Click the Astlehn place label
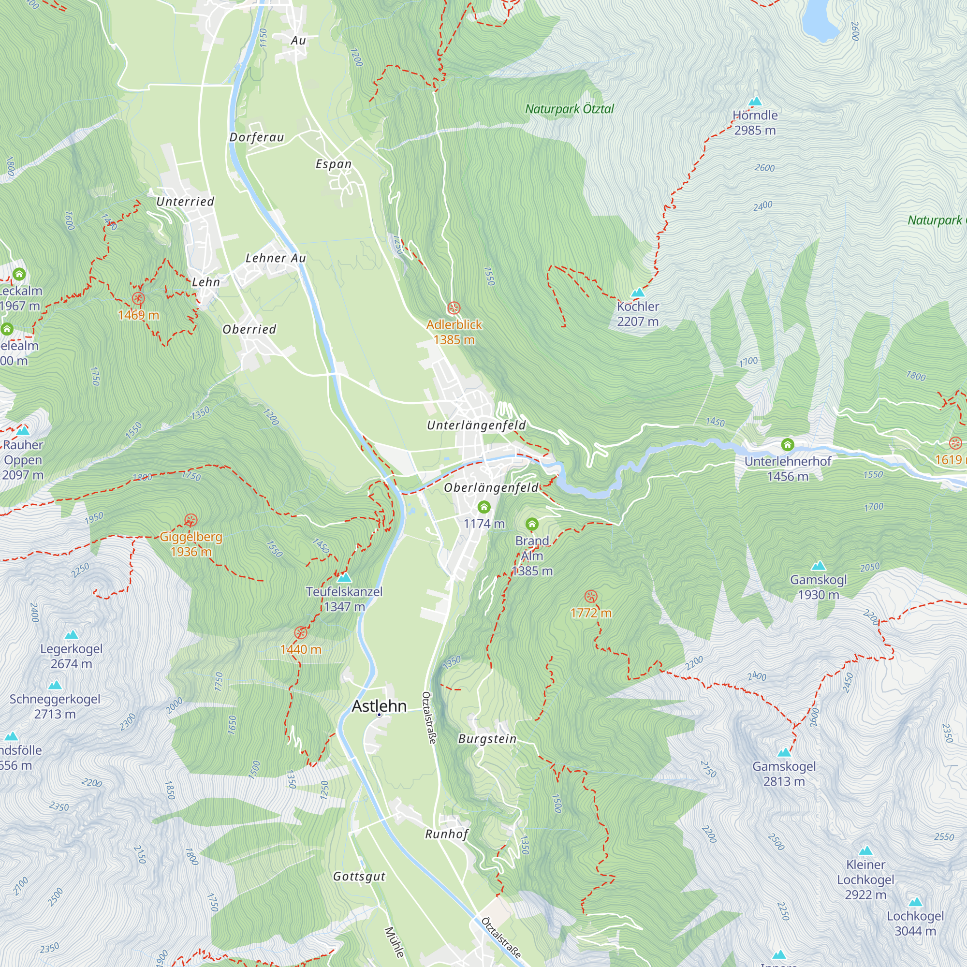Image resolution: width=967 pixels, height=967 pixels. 379,706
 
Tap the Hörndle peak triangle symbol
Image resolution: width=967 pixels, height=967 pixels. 755,101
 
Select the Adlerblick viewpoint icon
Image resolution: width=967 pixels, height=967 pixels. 454,308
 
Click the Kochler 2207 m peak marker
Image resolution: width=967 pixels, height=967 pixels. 637,293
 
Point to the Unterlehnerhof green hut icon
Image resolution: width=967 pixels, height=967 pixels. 787,444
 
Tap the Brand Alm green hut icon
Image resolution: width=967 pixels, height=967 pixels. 531,524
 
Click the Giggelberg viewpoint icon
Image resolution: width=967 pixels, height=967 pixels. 190,520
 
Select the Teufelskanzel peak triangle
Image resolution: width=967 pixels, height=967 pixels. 344,578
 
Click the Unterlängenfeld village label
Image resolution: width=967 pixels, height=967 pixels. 476,425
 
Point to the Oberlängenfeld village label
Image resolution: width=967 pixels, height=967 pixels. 491,487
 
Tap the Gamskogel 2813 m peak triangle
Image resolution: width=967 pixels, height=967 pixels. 784,752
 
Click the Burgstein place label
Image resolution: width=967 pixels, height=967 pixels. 487,739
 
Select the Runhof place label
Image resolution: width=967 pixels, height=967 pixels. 446,834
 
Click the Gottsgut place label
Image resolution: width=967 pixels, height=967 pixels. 359,877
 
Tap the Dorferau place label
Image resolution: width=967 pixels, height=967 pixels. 256,137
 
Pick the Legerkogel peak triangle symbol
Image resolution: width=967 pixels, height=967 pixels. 72,635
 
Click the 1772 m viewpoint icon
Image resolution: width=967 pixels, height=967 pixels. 591,596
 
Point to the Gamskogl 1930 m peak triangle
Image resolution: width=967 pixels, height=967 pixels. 819,566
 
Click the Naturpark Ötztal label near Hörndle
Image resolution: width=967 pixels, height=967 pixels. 569,109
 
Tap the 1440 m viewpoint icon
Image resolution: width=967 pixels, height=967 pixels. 300,632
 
